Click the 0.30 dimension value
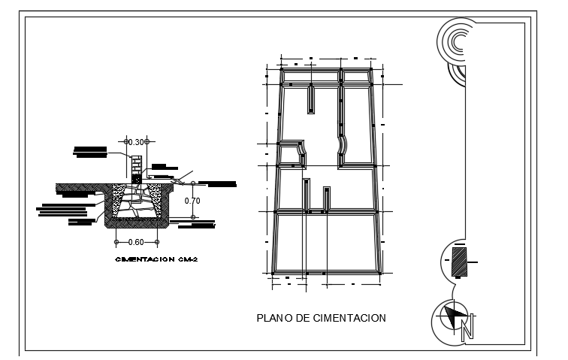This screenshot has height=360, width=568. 137,142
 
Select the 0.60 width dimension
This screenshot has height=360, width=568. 136,242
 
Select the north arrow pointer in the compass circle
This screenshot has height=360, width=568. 452,316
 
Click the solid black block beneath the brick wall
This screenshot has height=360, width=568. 137,179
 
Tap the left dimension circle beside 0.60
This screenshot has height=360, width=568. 116,242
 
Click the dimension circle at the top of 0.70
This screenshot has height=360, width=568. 193,183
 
